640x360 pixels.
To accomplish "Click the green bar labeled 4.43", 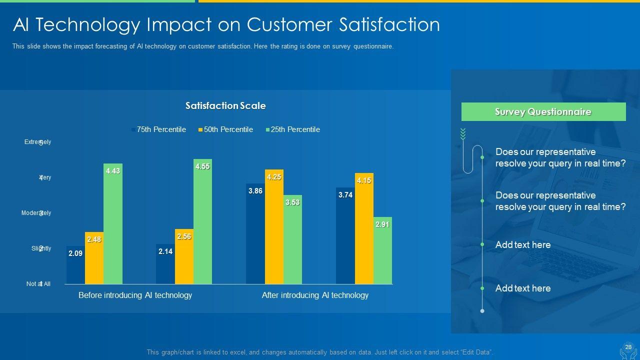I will [x=113, y=223].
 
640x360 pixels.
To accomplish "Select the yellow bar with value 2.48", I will [x=94, y=258].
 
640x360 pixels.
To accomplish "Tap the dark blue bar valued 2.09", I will [x=75, y=265].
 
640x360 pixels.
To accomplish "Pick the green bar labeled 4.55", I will [x=202, y=221].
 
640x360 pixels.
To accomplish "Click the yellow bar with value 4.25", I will [x=274, y=226].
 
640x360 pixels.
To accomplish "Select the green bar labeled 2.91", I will [x=382, y=250].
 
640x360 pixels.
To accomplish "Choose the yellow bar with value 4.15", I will [x=364, y=228].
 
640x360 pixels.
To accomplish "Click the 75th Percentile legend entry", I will [x=158, y=129].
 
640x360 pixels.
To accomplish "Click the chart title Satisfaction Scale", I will [x=225, y=105].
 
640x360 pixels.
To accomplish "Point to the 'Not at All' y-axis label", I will [x=38, y=284].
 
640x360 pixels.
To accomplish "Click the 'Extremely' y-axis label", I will [x=38, y=142].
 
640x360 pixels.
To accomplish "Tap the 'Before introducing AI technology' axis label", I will [x=135, y=295].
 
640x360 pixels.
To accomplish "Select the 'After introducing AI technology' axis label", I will [x=315, y=295].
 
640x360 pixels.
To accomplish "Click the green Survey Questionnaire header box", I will [x=543, y=112].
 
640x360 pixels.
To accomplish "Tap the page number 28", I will [x=628, y=347].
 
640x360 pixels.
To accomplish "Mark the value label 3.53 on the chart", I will [x=292, y=202].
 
